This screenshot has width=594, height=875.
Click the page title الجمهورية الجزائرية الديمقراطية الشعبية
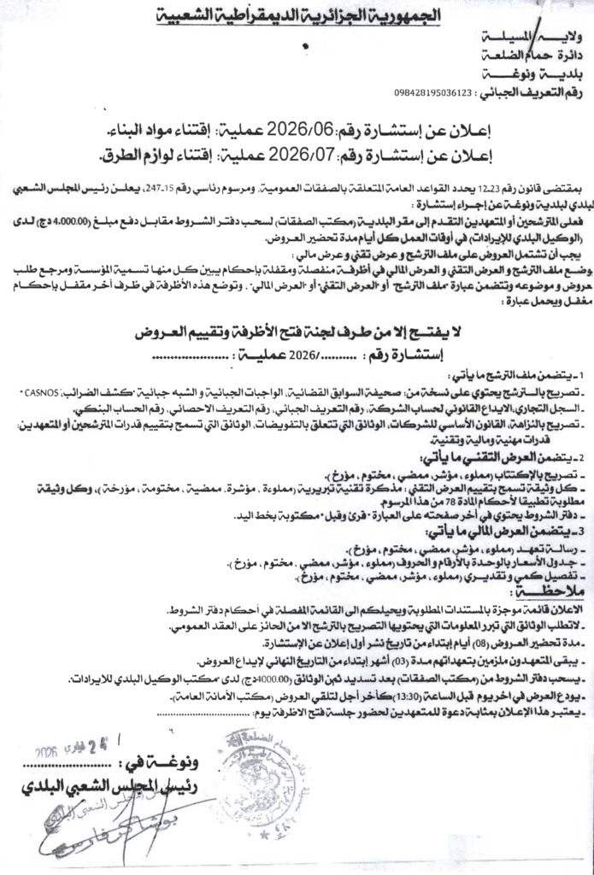point(298,15)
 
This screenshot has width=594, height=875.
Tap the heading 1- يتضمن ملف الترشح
point(522,375)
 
